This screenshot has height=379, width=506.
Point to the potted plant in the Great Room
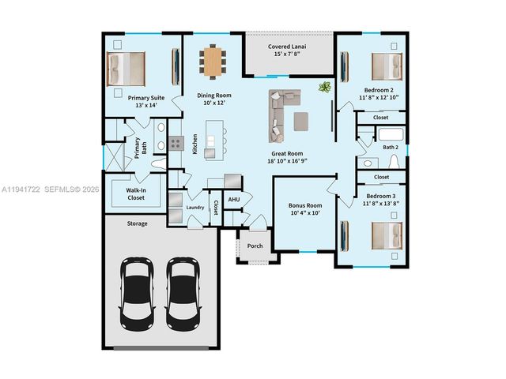(x=324, y=88)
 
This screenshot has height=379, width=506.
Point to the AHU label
(x=234, y=200)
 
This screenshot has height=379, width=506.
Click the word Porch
(x=255, y=246)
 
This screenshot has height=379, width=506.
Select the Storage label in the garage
(x=138, y=223)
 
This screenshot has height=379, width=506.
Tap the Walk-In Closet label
(x=141, y=193)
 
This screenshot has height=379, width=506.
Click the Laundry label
(x=195, y=208)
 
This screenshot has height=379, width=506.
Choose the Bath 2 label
(x=390, y=147)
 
